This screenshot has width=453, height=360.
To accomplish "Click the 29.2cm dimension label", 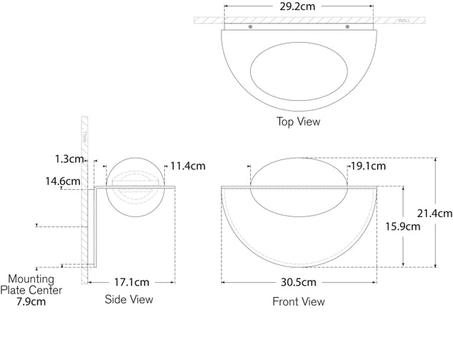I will tap(299, 6).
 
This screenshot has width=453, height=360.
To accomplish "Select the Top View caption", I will tap(298, 121).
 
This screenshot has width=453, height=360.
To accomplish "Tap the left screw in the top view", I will tap(249, 27).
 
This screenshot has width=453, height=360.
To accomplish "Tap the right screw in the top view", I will tap(347, 27).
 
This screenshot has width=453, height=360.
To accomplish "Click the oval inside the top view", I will tap(299, 71).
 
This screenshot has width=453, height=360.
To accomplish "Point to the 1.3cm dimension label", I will tap(69, 158).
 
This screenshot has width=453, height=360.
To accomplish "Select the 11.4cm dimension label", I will tap(188, 166).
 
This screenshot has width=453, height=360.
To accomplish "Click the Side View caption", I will tap(129, 299).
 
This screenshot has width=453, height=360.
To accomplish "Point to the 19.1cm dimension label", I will tap(368, 166).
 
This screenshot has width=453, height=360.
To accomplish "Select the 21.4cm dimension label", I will tap(434, 213).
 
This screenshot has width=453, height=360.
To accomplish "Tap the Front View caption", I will tap(299, 301).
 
